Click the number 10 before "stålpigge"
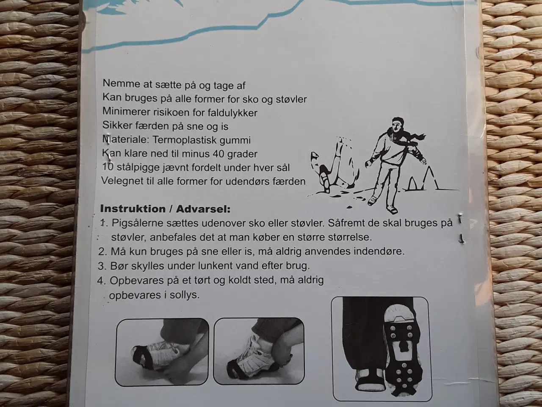(108, 167)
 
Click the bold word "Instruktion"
(132, 209)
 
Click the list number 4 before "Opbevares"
(101, 281)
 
